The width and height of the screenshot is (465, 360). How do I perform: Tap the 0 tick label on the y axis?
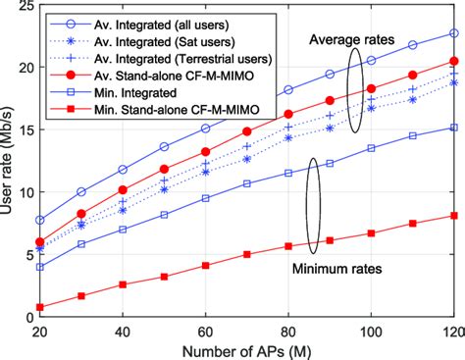[26, 318]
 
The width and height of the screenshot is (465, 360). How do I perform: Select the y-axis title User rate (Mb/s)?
[9, 162]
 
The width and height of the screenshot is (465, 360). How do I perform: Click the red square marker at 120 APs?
[453, 216]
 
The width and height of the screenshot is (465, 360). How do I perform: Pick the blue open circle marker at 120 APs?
[453, 32]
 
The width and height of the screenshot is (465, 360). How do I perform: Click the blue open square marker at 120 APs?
[453, 128]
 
